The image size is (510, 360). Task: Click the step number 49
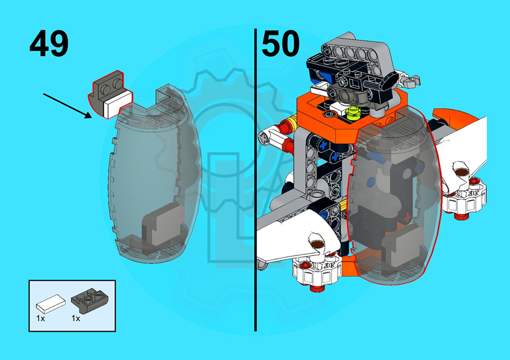pyautogui.click(x=49, y=43)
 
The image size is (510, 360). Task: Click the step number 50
pyautogui.click(x=280, y=43)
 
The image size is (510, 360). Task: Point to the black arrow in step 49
pyautogui.click(x=68, y=106)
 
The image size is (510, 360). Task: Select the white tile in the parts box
pyautogui.click(x=51, y=304)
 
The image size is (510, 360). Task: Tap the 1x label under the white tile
pyautogui.click(x=40, y=318)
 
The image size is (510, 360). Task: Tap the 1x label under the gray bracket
pyautogui.click(x=76, y=318)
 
